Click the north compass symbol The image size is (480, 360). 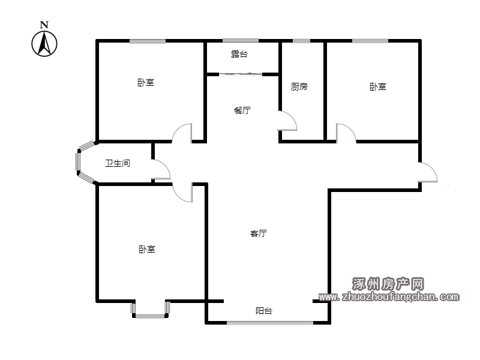[44, 44]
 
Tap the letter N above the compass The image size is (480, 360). [44, 25]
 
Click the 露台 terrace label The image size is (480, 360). [239, 54]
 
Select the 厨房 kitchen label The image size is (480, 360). [299, 86]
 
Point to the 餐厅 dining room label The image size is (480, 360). [242, 110]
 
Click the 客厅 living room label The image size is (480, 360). [259, 233]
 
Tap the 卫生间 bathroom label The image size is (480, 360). [118, 163]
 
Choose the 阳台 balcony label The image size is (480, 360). [264, 311]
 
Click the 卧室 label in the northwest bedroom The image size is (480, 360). [146, 83]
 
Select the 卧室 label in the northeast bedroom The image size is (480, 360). [378, 86]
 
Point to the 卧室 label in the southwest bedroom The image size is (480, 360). [147, 249]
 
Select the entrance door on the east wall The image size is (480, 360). [432, 169]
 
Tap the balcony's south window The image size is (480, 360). [270, 323]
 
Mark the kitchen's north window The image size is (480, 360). [302, 41]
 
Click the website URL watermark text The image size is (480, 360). [389, 296]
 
